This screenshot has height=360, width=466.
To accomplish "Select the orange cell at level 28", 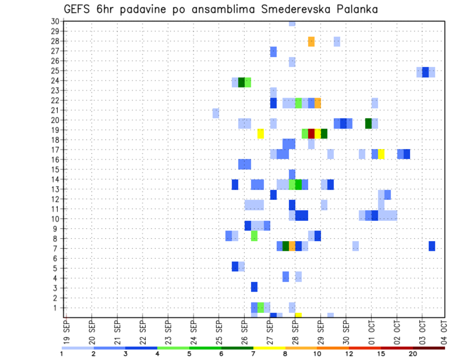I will point(311,42).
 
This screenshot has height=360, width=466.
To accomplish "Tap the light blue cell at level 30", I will point(292,23).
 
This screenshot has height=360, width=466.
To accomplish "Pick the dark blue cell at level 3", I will point(254,287).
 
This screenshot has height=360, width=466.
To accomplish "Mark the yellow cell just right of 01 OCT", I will point(381,154).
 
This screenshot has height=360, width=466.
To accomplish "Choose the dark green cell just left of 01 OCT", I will point(368,123).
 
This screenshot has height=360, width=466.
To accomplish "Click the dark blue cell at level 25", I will point(425,72).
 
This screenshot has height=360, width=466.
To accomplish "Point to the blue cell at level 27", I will point(273,51).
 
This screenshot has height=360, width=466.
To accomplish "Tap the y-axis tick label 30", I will point(54,21).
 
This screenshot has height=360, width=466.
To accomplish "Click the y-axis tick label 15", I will point(54,169).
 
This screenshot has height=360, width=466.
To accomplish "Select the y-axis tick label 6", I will point(56,259).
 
